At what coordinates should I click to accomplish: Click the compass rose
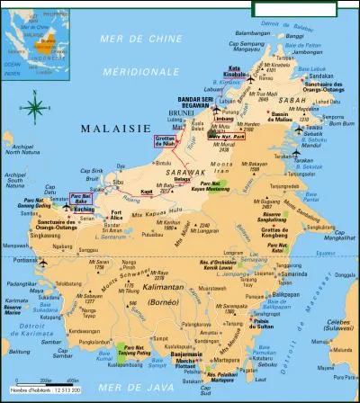pyautogui.click(x=34, y=110)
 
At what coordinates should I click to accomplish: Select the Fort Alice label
pyautogui.click(x=116, y=214)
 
